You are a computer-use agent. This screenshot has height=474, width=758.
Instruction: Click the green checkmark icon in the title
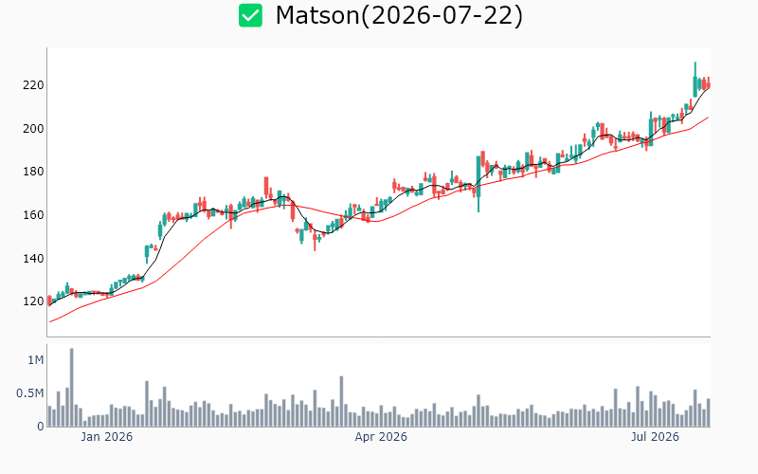click(250, 15)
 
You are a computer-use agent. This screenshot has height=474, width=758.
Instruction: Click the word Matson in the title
click(317, 15)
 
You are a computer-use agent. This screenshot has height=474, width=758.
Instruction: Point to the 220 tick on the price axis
click(33, 85)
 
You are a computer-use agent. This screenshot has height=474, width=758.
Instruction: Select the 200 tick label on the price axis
click(33, 129)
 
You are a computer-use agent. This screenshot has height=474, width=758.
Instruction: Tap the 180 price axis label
click(33, 172)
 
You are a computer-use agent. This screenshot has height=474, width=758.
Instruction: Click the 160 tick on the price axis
click(33, 215)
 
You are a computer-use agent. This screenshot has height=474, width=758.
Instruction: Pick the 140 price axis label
click(33, 258)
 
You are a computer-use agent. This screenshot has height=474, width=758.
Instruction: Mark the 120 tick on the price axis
click(33, 301)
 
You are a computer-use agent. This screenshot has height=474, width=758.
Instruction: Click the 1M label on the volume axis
click(36, 360)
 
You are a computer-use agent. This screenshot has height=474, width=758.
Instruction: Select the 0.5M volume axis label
click(30, 393)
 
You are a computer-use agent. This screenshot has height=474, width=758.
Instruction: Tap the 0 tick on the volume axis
click(41, 427)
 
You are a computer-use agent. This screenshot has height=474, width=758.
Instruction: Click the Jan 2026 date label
click(106, 437)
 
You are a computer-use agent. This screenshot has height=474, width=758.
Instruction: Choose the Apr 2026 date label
click(381, 437)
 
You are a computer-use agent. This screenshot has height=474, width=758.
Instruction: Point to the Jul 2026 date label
click(655, 437)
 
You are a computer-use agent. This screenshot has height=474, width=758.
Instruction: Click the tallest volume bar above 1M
click(72, 387)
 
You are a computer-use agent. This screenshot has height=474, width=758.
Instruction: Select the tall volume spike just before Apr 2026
click(341, 401)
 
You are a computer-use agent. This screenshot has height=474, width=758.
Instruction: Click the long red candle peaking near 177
click(266, 188)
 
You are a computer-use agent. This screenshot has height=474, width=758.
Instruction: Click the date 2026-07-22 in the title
click(442, 15)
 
